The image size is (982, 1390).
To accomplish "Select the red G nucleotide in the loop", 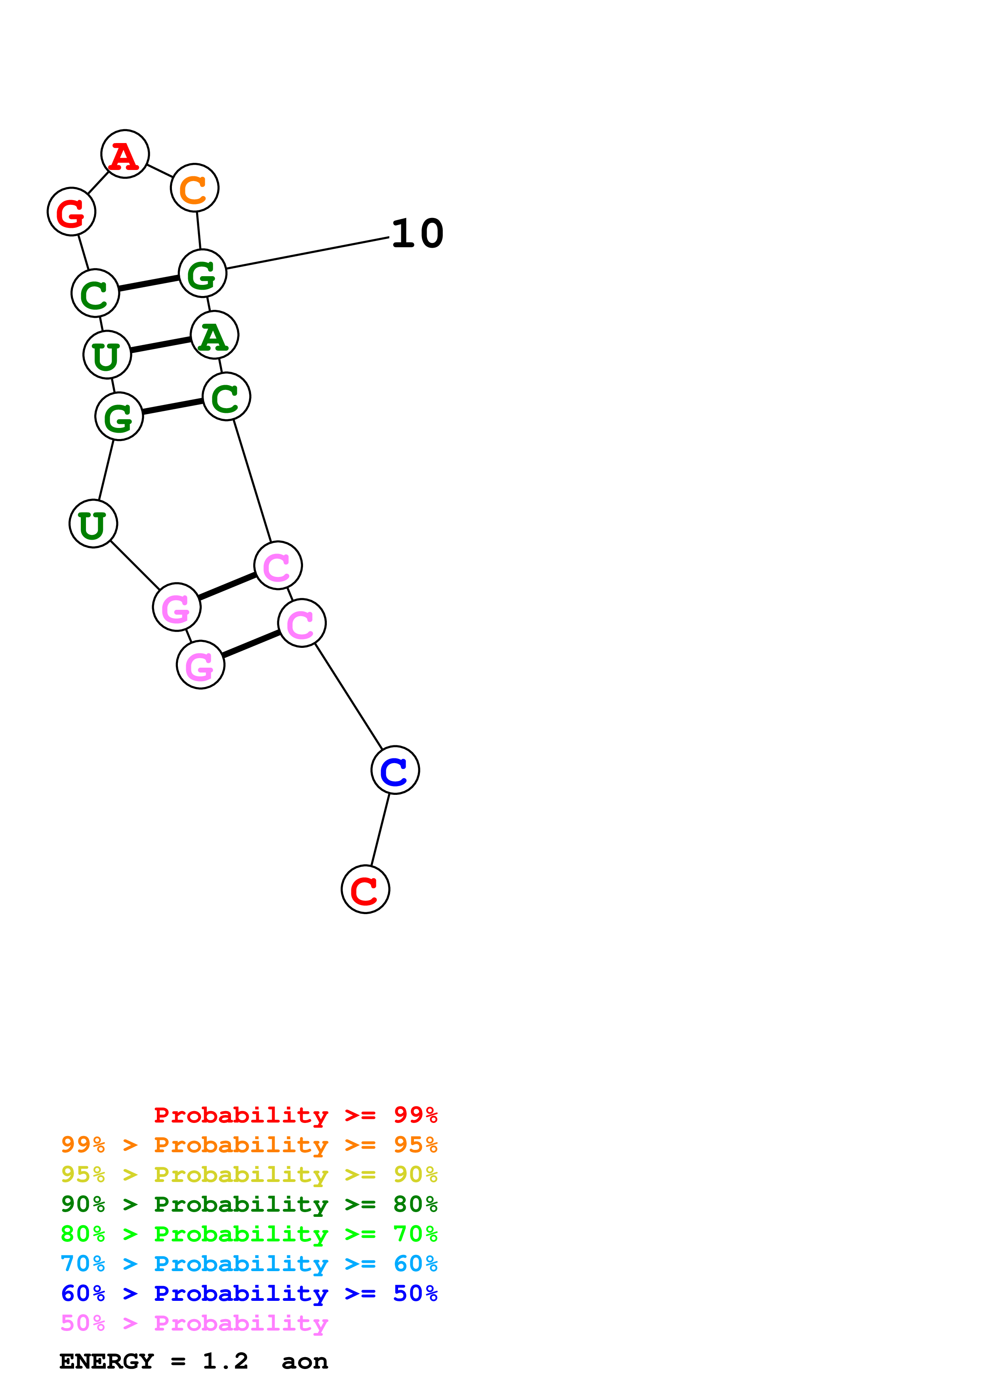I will coord(71,212).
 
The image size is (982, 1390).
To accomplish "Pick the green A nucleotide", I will coord(214,335).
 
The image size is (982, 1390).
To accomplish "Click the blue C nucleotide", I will coord(395,770).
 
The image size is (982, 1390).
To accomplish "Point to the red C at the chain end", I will coord(366,889).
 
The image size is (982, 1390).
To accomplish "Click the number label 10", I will coord(418,234).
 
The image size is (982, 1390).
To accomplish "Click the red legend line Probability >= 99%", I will coord(295,1115).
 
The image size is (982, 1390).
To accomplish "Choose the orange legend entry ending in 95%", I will coord(249,1145).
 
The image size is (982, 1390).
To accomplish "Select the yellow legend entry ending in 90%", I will coord(249,1174).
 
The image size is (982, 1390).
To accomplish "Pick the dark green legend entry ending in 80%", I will coord(249,1204).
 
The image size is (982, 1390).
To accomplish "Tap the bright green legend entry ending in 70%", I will coord(249,1234).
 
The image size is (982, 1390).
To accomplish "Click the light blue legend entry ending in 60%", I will coord(249,1264).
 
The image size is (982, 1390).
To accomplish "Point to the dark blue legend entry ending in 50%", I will coord(249,1293).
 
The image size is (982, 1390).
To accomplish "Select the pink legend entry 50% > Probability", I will coord(194,1323).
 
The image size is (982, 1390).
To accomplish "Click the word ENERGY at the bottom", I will coord(107,1361).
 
